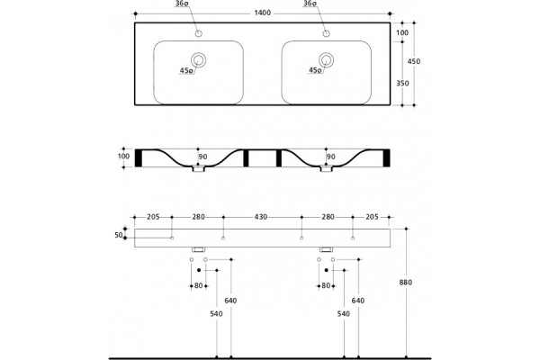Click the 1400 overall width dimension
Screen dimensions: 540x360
click(263, 13)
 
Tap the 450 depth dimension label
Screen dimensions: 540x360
click(414, 61)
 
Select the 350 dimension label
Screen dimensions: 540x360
click(402, 84)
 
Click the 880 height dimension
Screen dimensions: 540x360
click(406, 283)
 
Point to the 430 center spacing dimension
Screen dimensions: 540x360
click(261, 217)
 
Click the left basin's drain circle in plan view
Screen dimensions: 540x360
click(198, 60)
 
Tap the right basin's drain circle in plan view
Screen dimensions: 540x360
click(326, 60)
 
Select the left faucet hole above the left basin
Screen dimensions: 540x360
click(198, 33)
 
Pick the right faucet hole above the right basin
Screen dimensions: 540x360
click(326, 33)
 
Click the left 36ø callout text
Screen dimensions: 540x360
click(182, 4)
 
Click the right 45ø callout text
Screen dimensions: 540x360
click(315, 70)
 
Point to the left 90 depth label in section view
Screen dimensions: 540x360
click(202, 157)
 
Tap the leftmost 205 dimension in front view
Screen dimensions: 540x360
click(153, 217)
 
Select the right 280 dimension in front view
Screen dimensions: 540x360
click(328, 217)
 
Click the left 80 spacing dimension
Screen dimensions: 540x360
click(198, 285)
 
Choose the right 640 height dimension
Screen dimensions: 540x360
click(358, 301)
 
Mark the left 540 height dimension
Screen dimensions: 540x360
click(216, 314)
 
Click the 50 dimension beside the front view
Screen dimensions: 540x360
click(119, 235)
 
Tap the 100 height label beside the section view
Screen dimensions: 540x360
click(123, 157)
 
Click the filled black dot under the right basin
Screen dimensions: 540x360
click(326, 270)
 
